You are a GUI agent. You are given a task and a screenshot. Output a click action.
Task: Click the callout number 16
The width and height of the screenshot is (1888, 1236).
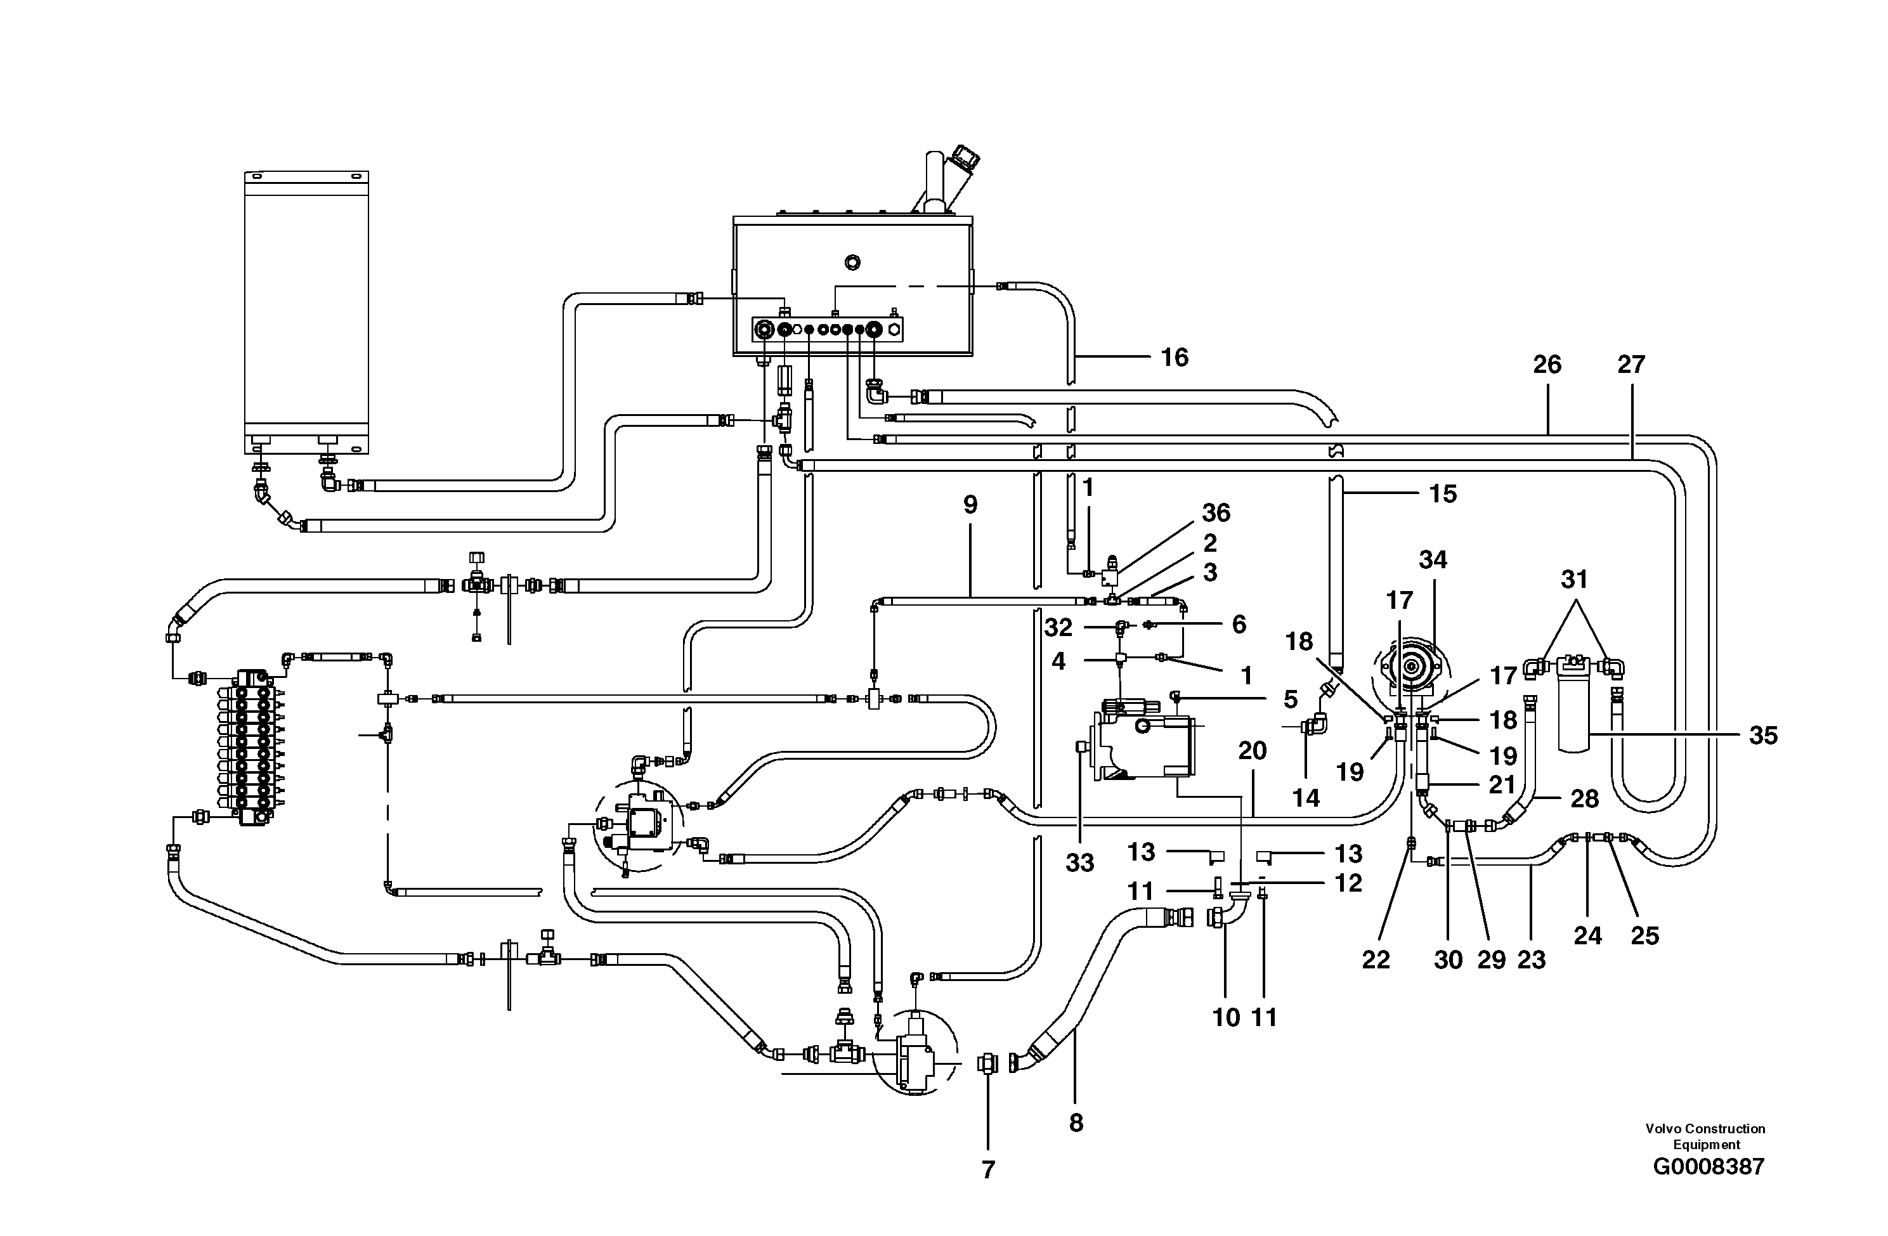point(1174,358)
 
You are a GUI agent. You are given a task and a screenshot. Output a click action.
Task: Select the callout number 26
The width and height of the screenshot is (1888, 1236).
point(1546,365)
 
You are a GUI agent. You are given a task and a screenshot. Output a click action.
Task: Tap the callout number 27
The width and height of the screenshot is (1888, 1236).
point(1631,365)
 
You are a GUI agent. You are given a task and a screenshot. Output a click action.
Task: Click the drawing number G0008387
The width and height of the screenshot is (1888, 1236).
point(1709,1166)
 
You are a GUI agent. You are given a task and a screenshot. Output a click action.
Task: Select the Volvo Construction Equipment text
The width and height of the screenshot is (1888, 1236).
point(1705,1136)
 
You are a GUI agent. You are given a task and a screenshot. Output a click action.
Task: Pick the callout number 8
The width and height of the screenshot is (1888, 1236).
point(1076,1122)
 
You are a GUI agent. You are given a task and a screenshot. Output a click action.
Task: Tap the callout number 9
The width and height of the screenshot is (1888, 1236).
point(970,505)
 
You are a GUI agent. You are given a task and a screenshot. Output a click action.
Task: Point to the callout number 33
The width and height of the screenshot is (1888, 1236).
point(1079,863)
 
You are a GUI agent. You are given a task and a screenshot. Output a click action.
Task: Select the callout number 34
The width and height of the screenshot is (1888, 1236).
point(1433,560)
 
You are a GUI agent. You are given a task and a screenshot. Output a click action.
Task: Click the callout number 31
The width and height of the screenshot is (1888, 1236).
point(1574,580)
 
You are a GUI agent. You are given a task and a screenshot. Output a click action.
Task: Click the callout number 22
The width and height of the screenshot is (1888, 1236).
point(1376,960)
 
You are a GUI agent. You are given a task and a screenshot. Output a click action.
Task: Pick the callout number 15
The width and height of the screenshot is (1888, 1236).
point(1442,494)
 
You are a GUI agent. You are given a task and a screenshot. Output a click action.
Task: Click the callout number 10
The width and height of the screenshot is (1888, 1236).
point(1226,1017)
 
